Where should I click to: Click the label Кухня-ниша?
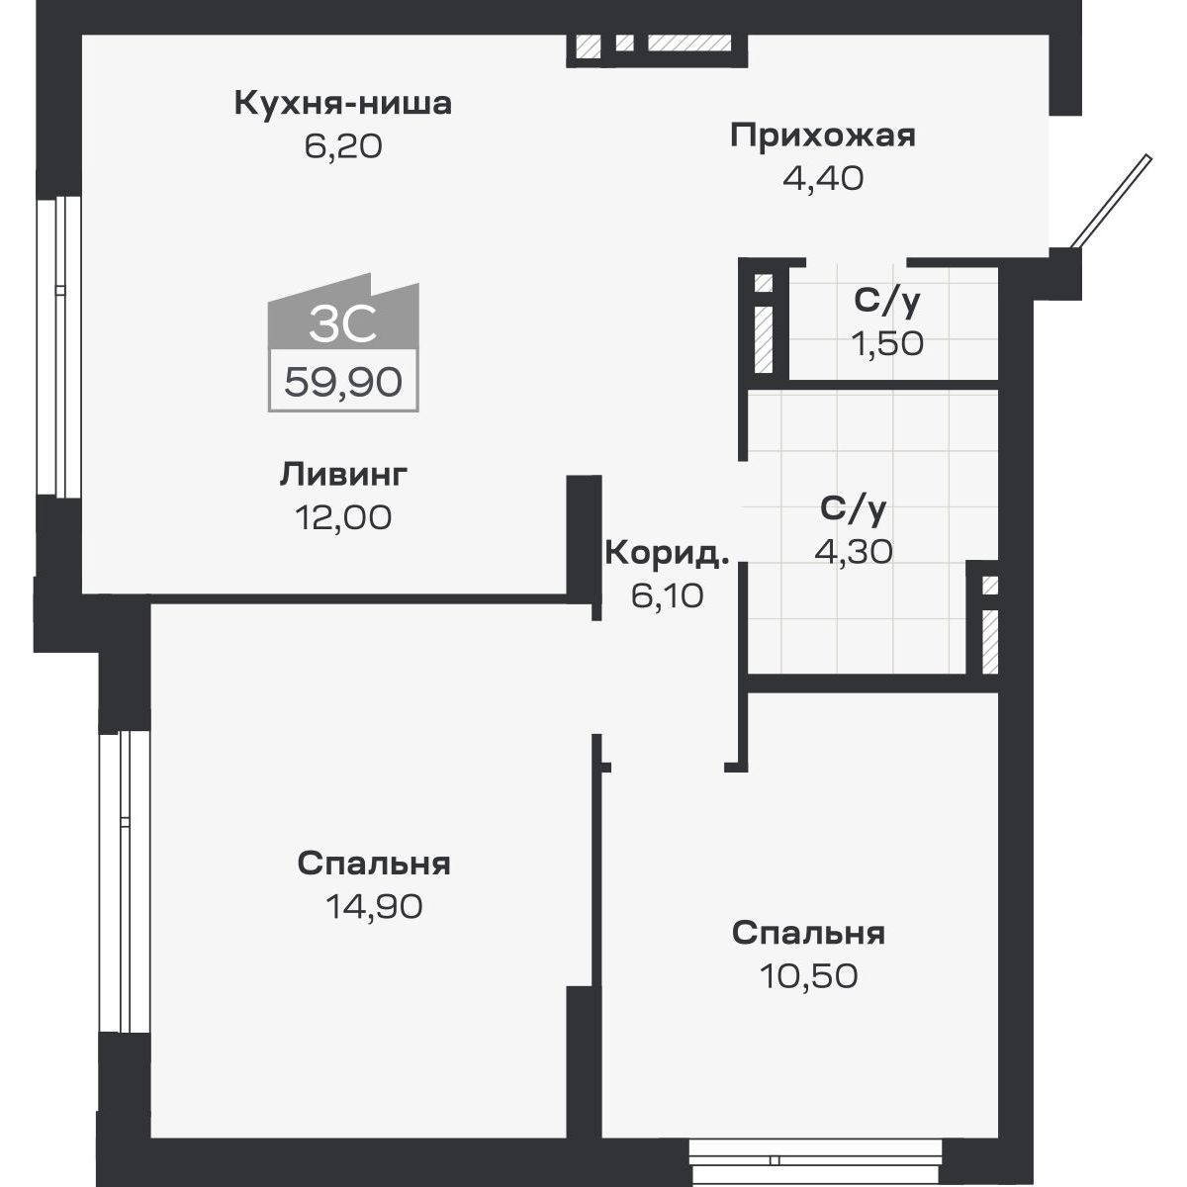342,103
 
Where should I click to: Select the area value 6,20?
342,146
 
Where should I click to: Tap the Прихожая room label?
822,136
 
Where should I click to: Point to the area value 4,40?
822,179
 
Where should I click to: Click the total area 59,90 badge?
342,381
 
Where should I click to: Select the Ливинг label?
342,474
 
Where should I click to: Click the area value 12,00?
342,516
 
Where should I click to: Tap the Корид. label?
666,553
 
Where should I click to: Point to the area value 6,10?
666,595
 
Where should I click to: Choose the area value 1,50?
887,343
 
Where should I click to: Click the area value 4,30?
853,551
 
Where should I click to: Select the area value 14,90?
374,905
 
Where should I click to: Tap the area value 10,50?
808,976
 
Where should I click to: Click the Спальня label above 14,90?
374,864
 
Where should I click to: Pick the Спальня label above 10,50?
808,933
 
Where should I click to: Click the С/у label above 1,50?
887,301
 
